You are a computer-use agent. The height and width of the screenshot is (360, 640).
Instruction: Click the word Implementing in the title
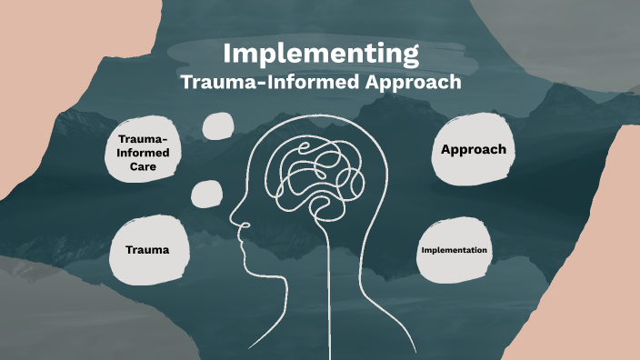tap(321, 52)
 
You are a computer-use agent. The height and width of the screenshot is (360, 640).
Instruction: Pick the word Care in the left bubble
tap(144, 167)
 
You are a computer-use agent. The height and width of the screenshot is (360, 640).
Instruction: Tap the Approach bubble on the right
tap(473, 149)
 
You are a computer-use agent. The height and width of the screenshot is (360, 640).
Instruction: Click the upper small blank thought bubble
tap(218, 126)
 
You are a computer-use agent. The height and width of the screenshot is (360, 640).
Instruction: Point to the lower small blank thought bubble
tap(207, 193)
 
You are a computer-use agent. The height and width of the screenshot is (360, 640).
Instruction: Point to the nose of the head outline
tap(233, 221)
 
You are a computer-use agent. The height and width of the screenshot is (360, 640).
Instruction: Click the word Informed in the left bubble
tap(144, 153)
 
